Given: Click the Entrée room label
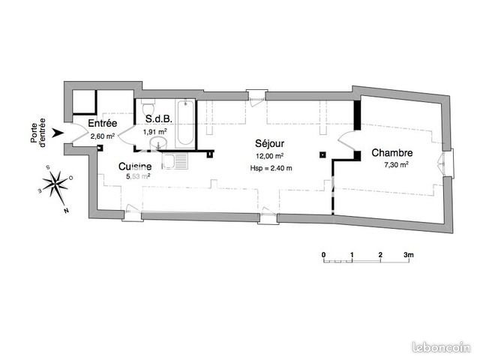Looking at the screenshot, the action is pyautogui.click(x=103, y=123).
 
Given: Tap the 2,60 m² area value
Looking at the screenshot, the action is pyautogui.click(x=103, y=136).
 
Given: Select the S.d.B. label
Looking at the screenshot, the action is pyautogui.click(x=159, y=118).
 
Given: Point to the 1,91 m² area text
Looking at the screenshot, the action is pyautogui.click(x=155, y=132).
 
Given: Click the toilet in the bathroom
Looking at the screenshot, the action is pyautogui.click(x=148, y=106).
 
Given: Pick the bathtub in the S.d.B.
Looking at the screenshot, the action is pyautogui.click(x=185, y=123).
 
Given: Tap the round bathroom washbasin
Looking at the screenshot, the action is pyautogui.click(x=158, y=143).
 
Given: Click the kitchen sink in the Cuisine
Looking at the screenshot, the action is pyautogui.click(x=175, y=161).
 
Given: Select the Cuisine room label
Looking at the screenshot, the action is pyautogui.click(x=135, y=166).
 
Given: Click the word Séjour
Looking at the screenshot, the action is pyautogui.click(x=270, y=143).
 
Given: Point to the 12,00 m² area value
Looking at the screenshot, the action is pyautogui.click(x=270, y=156).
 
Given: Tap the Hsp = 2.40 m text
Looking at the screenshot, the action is pyautogui.click(x=271, y=168).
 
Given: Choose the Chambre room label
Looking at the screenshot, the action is pyautogui.click(x=392, y=153).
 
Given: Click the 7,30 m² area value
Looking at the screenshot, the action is pyautogui.click(x=396, y=165).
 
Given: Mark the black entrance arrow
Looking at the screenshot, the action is pyautogui.click(x=58, y=133).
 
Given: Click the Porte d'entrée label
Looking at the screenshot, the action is pyautogui.click(x=38, y=133).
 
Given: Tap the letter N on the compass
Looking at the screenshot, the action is pyautogui.click(x=66, y=211).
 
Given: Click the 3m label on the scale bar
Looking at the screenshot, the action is pyautogui.click(x=408, y=255).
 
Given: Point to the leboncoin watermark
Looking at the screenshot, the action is pyautogui.click(x=442, y=348).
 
